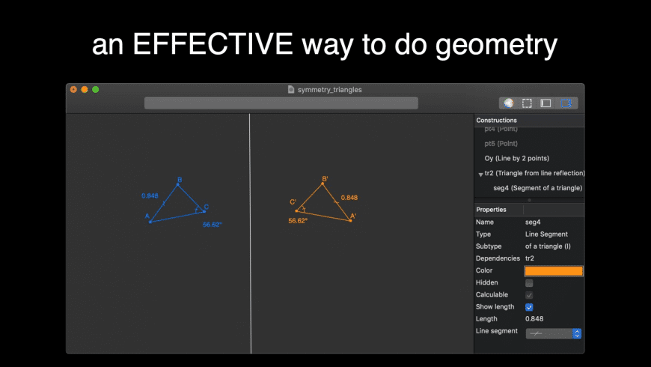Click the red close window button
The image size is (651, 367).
click(73, 89)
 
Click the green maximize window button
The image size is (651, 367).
click(95, 89)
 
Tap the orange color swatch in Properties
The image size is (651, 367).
click(554, 271)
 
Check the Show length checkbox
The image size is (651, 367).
click(529, 307)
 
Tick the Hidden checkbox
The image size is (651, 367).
click(529, 283)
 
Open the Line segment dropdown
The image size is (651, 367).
click(553, 333)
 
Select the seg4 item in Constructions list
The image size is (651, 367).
click(537, 187)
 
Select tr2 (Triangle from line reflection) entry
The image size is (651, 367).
click(534, 173)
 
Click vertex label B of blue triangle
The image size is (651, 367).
click(179, 180)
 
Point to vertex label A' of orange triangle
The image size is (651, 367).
click(353, 216)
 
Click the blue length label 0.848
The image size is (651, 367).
click(150, 196)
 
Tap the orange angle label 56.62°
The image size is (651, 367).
click(298, 221)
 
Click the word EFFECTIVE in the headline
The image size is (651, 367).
click(215, 46)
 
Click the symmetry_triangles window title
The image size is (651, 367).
click(329, 89)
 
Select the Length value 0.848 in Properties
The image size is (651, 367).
click(534, 319)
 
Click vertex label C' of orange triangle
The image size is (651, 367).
click(293, 202)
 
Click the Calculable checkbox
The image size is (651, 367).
click(529, 295)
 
